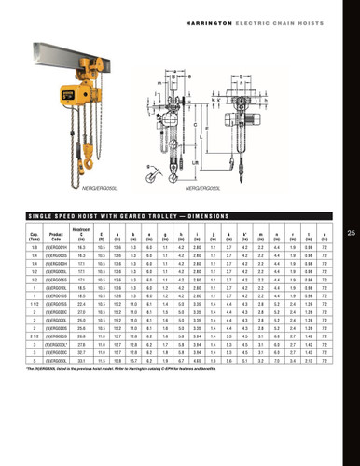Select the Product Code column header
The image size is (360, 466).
pyautogui.click(x=56, y=235)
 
